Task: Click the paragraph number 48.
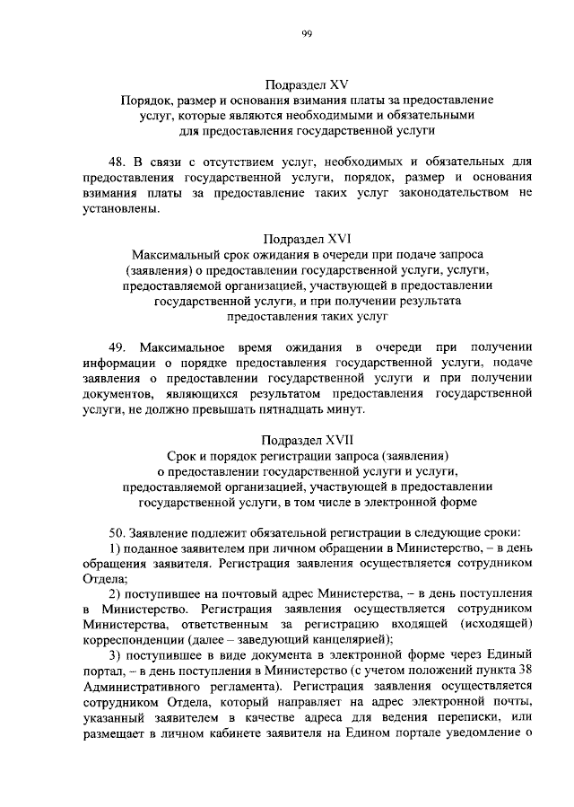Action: (x=117, y=162)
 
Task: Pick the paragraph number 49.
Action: (x=117, y=346)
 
